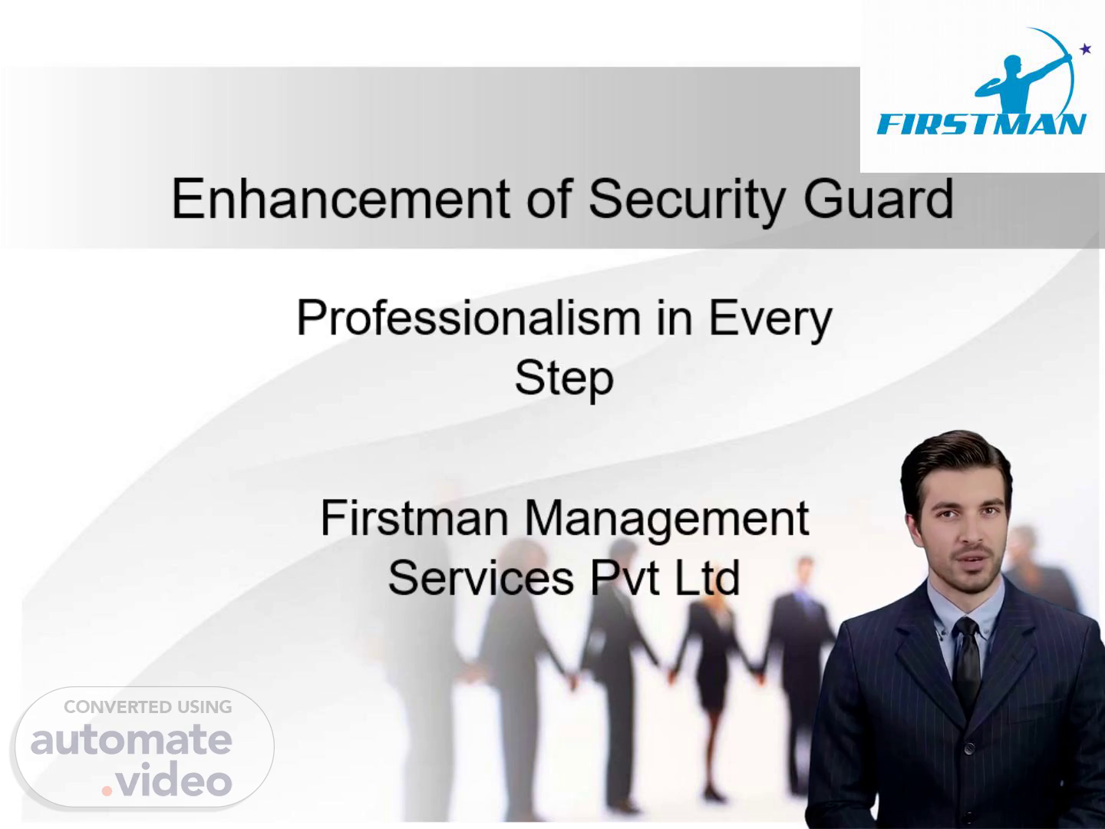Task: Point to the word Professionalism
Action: pos(469,318)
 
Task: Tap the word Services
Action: pos(481,578)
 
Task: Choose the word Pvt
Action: pos(624,578)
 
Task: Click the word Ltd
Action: pos(707,578)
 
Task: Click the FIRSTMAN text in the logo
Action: pos(981,124)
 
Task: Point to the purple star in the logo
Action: pos(1085,49)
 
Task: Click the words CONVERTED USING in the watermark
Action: pos(148,707)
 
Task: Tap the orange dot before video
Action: pos(107,791)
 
